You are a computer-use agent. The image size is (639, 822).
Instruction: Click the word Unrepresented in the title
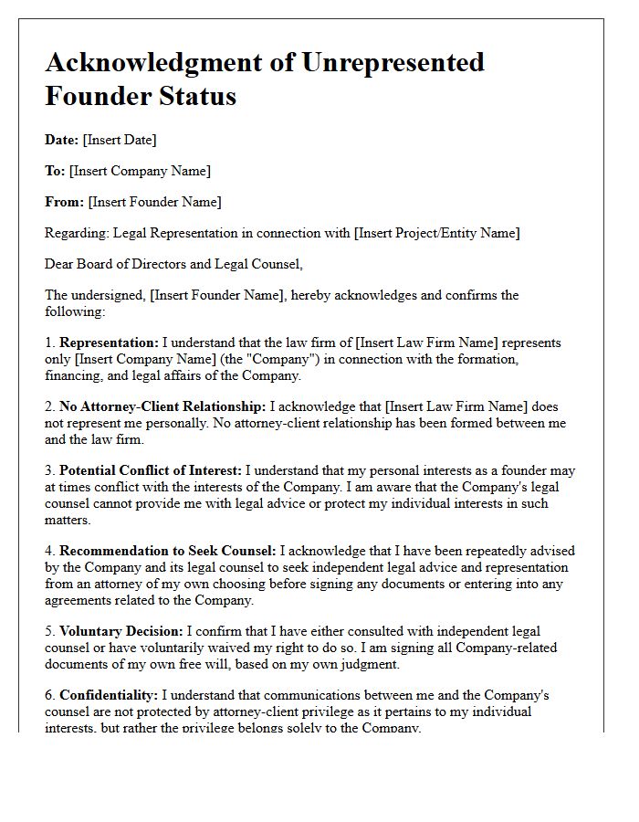click(397, 63)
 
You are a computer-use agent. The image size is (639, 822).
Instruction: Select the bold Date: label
click(61, 140)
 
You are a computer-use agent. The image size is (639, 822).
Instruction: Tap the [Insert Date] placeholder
click(120, 140)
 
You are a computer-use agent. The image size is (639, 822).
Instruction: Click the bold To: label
click(55, 171)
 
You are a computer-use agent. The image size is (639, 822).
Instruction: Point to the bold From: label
click(64, 202)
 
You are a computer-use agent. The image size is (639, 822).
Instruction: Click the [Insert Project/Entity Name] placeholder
click(437, 233)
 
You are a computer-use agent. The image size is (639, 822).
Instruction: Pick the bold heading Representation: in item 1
click(109, 342)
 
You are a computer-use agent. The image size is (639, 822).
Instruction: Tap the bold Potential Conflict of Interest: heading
click(151, 470)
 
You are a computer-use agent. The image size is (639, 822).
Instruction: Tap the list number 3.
click(49, 470)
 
